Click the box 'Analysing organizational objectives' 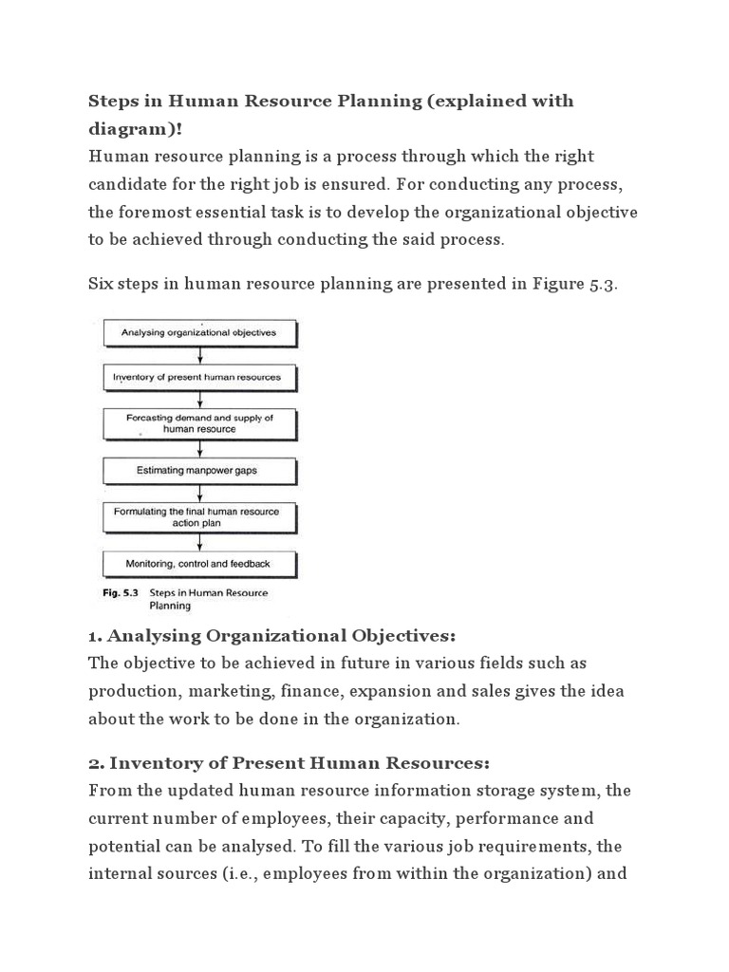pos(199,332)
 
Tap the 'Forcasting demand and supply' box pos(199,422)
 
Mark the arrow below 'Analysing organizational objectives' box pos(199,355)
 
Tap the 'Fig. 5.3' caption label pos(120,593)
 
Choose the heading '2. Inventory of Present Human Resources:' pos(288,763)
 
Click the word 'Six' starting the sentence pos(103,286)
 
